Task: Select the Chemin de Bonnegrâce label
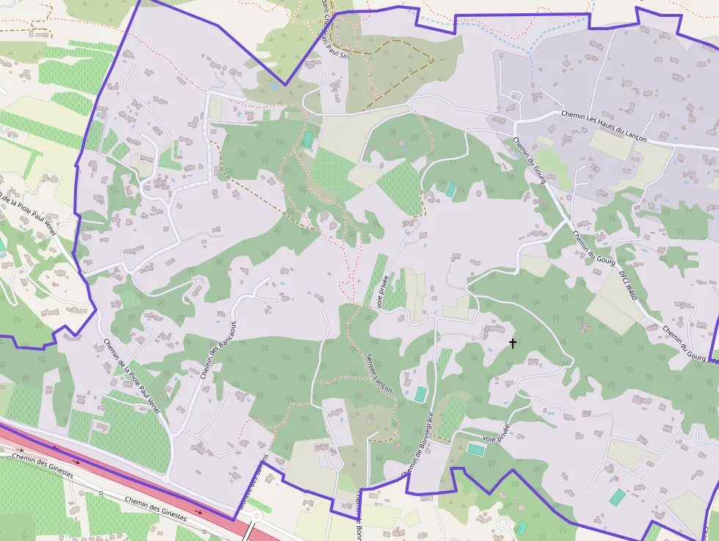tap(419, 445)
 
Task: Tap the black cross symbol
tap(512, 343)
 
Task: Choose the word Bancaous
tap(226, 336)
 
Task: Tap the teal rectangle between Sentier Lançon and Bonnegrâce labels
tap(420, 394)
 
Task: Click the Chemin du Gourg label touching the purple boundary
tap(690, 345)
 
